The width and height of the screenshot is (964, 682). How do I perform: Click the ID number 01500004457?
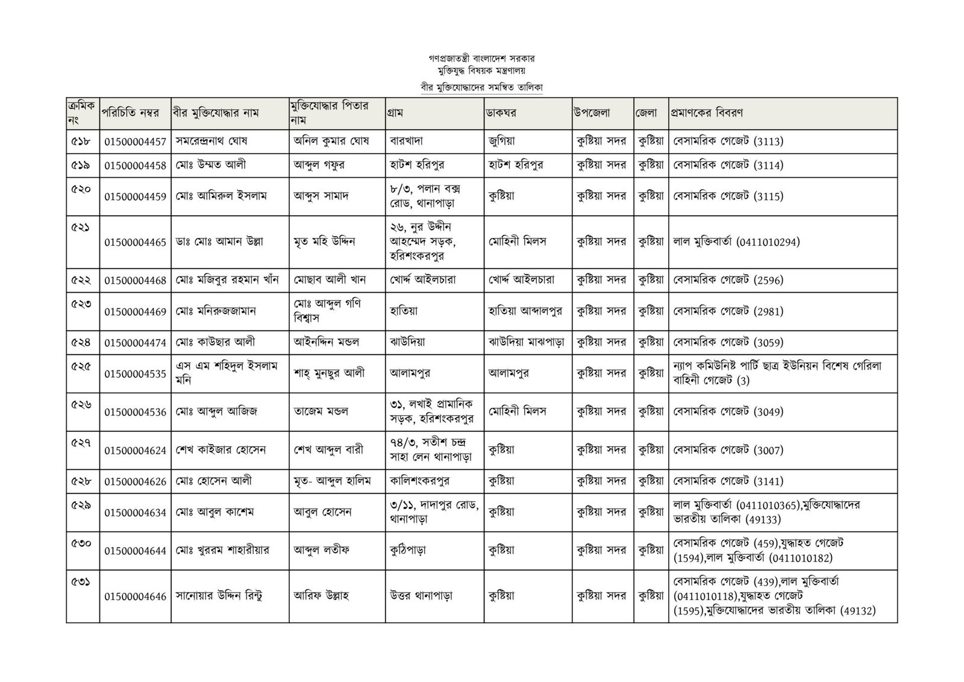(135, 142)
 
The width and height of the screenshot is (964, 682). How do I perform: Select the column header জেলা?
(645, 113)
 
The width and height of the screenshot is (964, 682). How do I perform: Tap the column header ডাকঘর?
(502, 113)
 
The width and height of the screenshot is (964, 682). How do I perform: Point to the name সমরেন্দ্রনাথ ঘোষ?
(211, 142)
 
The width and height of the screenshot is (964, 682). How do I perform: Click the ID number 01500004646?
(135, 597)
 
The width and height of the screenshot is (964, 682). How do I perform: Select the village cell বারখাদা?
(406, 142)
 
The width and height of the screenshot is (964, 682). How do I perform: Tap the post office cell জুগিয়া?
(501, 142)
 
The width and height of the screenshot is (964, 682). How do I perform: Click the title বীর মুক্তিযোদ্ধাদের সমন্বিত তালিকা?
(482, 87)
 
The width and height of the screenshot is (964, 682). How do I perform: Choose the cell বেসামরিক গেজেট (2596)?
(728, 280)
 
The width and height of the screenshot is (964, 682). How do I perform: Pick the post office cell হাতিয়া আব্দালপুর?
(525, 311)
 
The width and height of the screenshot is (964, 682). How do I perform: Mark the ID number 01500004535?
(135, 374)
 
